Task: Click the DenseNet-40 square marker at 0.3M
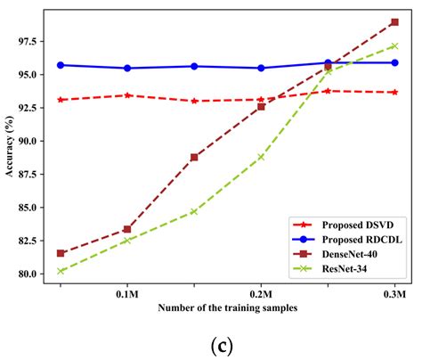(x=394, y=22)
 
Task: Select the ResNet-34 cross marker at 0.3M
(x=394, y=46)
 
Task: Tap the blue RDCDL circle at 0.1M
(x=127, y=68)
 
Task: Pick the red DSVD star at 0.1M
(x=127, y=95)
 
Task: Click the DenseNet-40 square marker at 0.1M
(x=127, y=229)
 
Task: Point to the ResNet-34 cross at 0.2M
(x=261, y=157)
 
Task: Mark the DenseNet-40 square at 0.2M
(x=261, y=107)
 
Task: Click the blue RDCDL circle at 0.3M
(x=394, y=62)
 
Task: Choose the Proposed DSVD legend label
(x=358, y=225)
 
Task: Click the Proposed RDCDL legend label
(x=362, y=240)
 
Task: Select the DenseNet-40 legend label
(x=350, y=254)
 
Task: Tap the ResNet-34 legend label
(x=345, y=268)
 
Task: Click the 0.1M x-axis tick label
(x=127, y=294)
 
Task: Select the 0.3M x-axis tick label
(x=394, y=294)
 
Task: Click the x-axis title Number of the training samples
(x=228, y=307)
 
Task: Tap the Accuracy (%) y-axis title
(x=9, y=146)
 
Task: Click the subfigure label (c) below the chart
(x=222, y=346)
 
